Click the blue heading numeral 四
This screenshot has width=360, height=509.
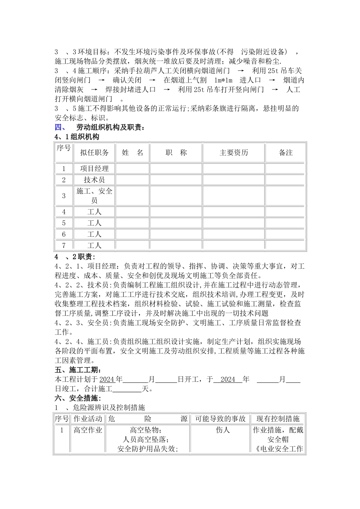[60, 127]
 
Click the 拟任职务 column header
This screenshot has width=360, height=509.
[94, 153]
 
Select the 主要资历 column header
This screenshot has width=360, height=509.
[233, 153]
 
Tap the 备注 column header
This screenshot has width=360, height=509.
[286, 153]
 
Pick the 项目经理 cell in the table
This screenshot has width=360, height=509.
[94, 169]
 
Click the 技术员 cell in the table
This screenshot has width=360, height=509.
[94, 180]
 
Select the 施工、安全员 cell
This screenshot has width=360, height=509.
[94, 196]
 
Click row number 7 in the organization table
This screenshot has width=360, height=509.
[64, 245]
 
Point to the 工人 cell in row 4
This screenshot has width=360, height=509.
[94, 212]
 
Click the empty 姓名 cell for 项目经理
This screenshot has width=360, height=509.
[132, 169]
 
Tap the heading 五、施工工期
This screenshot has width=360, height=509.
[78, 370]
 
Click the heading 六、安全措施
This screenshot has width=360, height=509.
[78, 398]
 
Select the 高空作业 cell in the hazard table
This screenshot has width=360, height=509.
[88, 430]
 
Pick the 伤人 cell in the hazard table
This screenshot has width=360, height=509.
[223, 430]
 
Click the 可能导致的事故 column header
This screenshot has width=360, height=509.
[220, 419]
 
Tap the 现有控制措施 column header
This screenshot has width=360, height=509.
[278, 419]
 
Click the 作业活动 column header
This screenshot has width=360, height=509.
[88, 419]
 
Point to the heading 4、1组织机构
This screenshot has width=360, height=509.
[77, 137]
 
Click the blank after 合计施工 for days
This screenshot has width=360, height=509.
[127, 389]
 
